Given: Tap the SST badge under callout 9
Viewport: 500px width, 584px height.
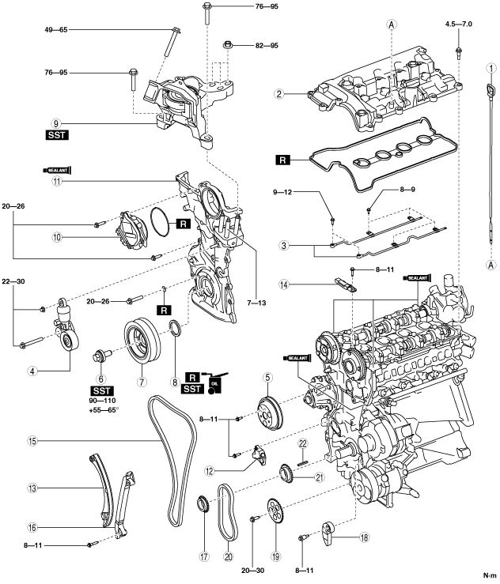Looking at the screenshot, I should coord(56,136).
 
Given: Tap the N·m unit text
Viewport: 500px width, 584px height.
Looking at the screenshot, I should coord(489,575).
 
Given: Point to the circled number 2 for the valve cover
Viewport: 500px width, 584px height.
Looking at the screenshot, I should coord(278,93).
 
